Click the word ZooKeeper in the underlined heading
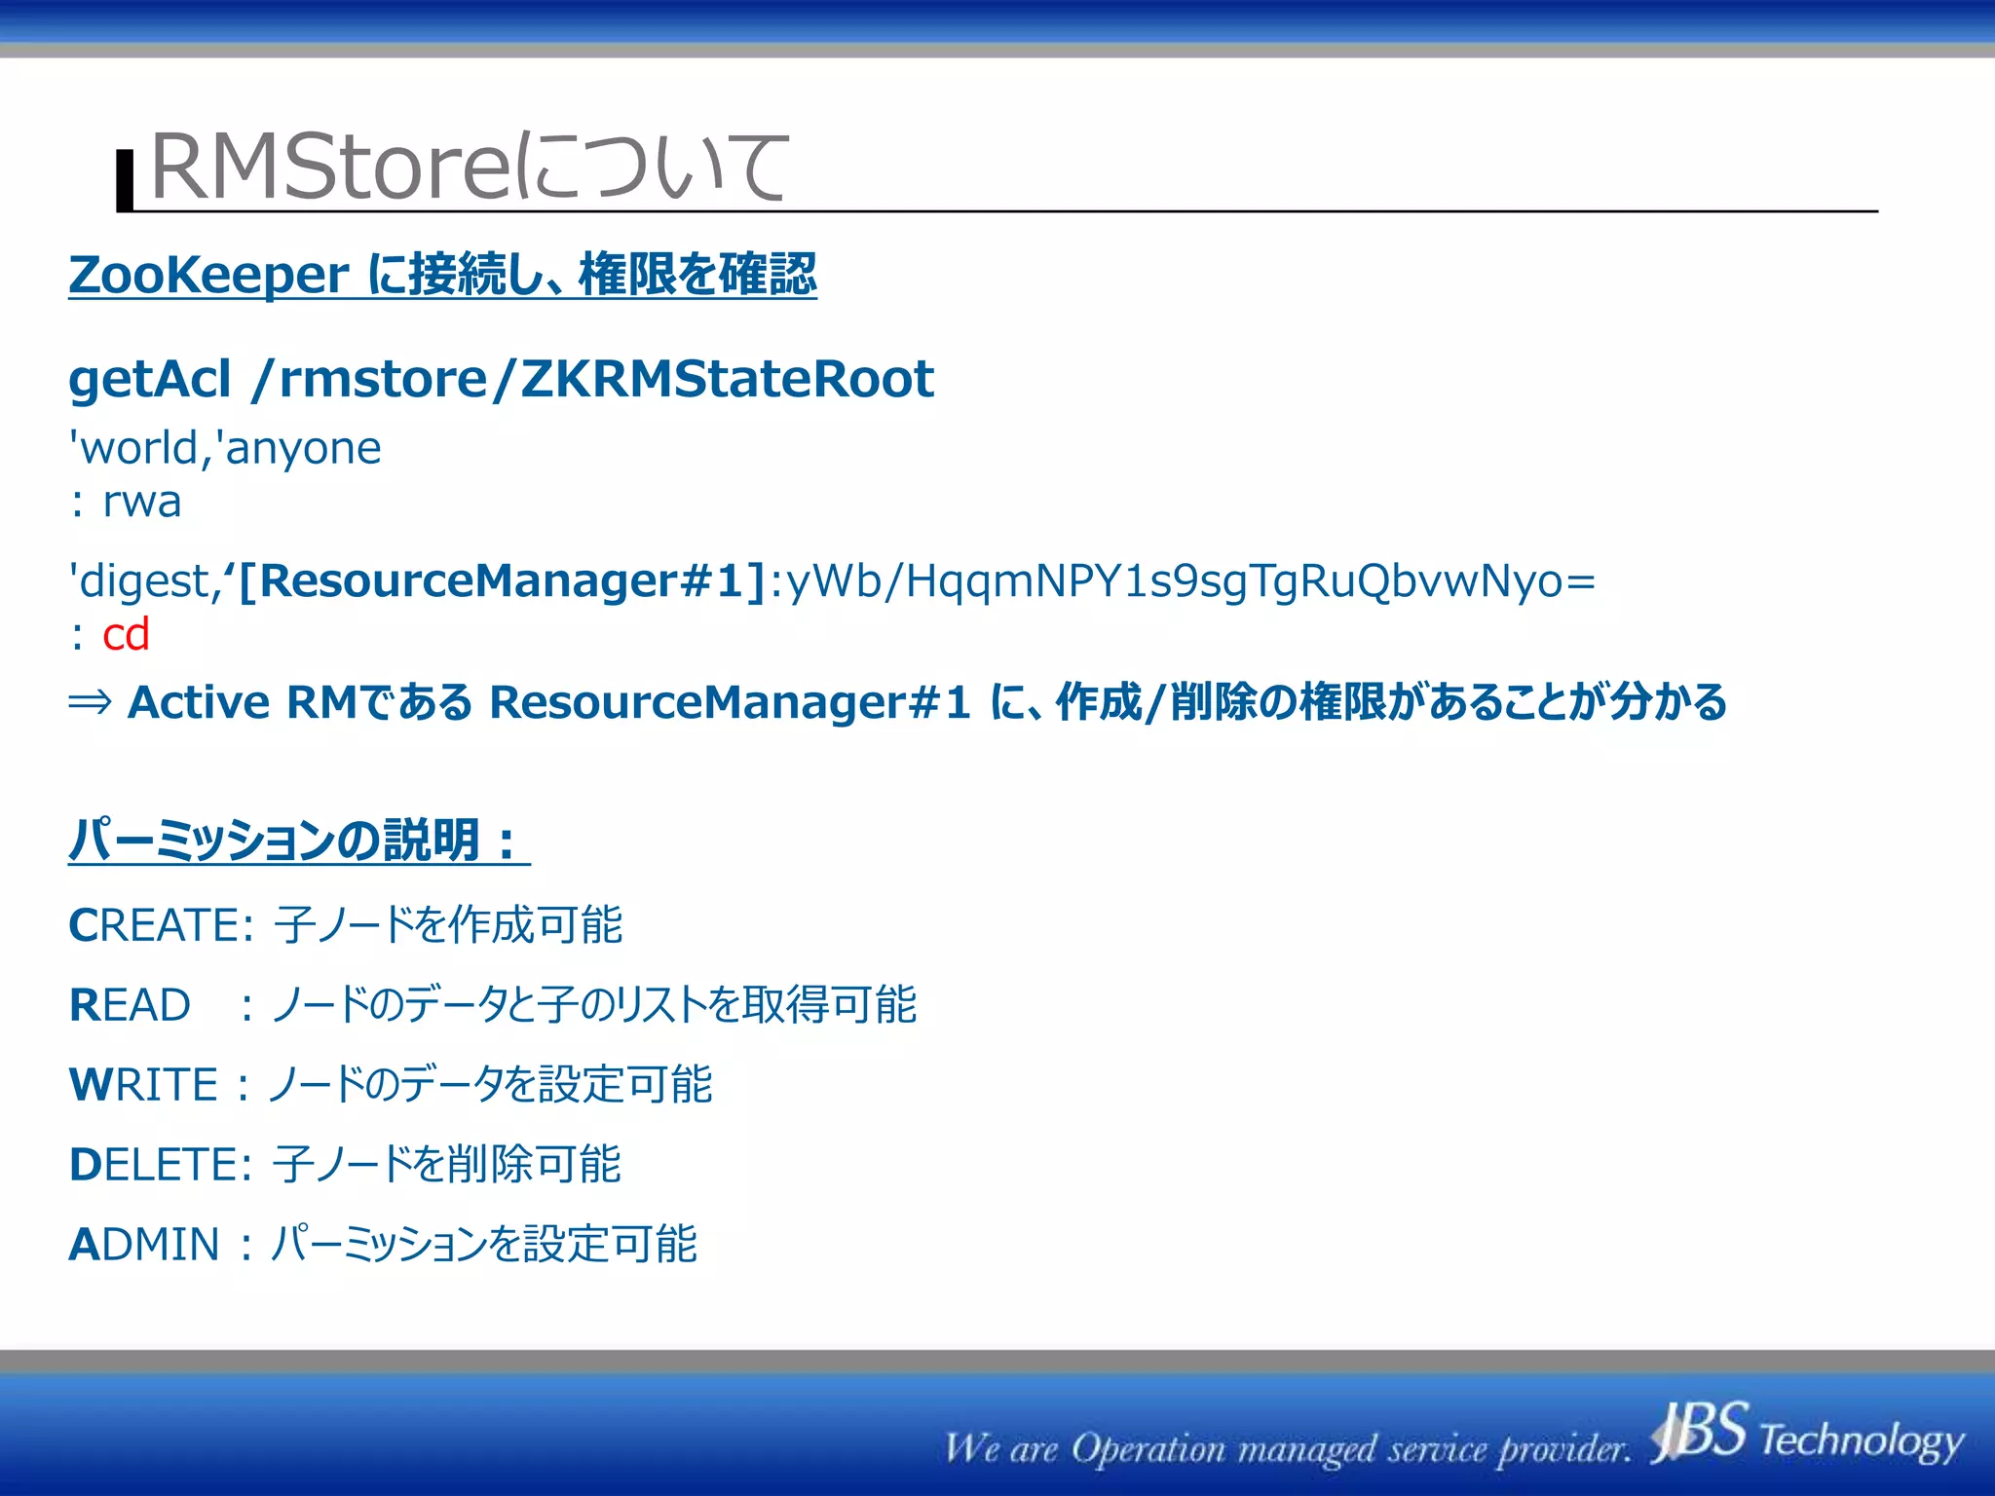pyautogui.click(x=208, y=275)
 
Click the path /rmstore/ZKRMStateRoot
pyautogui.click(x=592, y=379)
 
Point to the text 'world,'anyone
pyautogui.click(x=225, y=449)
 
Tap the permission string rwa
pyautogui.click(x=142, y=503)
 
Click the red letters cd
pyautogui.click(x=126, y=635)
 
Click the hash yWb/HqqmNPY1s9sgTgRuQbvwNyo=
pyautogui.click(x=1190, y=581)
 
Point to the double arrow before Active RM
pyautogui.click(x=91, y=702)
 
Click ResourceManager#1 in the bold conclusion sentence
pyautogui.click(x=730, y=702)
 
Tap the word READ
pyautogui.click(x=130, y=1005)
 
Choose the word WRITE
pyautogui.click(x=143, y=1085)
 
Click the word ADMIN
pyautogui.click(x=144, y=1245)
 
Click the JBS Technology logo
pyautogui.click(x=1807, y=1434)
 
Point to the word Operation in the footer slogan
pyautogui.click(x=1148, y=1449)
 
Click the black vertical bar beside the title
pyautogui.click(x=125, y=180)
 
